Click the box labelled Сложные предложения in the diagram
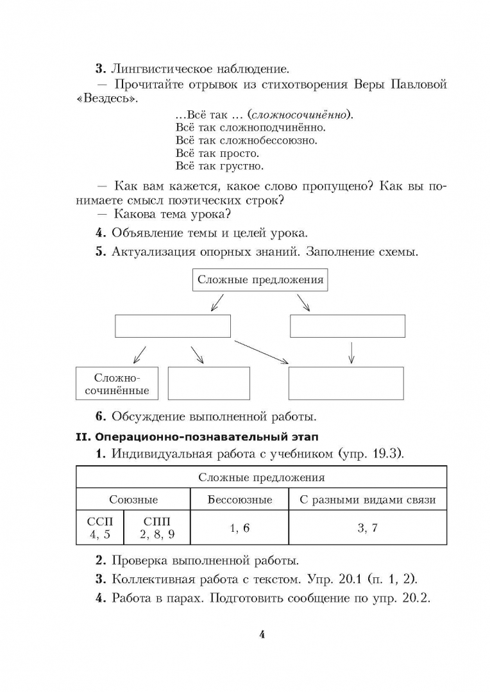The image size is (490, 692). tap(260, 279)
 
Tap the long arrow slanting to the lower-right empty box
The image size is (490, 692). tap(261, 352)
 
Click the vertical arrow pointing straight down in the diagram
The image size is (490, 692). tap(351, 351)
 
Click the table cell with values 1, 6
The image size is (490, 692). tap(239, 528)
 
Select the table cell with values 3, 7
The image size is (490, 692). tap(367, 528)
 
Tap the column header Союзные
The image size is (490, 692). tap(133, 500)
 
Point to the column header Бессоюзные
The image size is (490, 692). tap(239, 500)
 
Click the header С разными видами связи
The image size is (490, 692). tap(367, 500)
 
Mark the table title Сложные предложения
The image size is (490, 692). tap(261, 477)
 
